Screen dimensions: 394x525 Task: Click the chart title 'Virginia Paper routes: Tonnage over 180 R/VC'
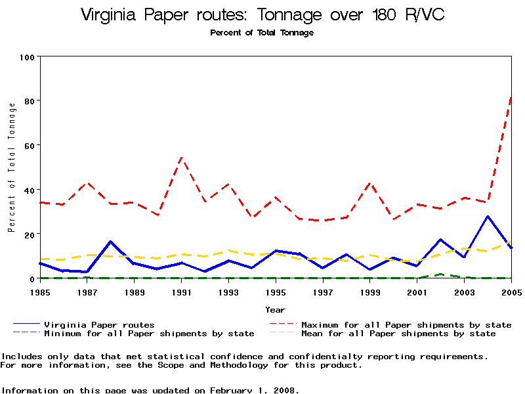pyautogui.click(x=262, y=16)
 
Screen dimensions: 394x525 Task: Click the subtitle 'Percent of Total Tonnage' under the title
pyautogui.click(x=262, y=33)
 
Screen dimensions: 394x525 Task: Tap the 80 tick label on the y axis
pyautogui.click(x=28, y=100)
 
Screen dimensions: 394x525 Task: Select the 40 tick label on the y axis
pyautogui.click(x=28, y=190)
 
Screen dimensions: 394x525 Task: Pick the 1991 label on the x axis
pyautogui.click(x=181, y=292)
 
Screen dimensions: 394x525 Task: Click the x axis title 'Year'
pyautogui.click(x=275, y=309)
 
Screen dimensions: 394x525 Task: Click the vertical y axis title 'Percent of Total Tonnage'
pyautogui.click(x=12, y=167)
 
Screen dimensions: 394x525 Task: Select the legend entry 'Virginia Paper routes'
pyautogui.click(x=99, y=324)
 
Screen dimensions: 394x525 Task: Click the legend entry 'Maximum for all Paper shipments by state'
pyautogui.click(x=406, y=324)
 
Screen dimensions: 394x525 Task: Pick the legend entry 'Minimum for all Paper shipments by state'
pyautogui.click(x=149, y=334)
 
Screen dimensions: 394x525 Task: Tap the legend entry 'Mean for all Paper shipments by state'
pyautogui.click(x=398, y=334)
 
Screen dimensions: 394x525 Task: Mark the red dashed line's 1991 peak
pyautogui.click(x=181, y=157)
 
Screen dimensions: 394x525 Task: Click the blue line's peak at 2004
pyautogui.click(x=488, y=216)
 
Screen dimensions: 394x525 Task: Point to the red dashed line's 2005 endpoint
pyautogui.click(x=511, y=98)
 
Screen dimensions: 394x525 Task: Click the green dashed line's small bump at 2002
pyautogui.click(x=440, y=274)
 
